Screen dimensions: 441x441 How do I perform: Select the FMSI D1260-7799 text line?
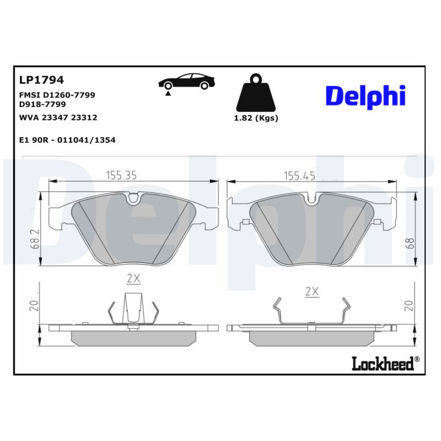[57, 95]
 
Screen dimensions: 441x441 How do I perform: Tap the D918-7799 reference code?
[42, 104]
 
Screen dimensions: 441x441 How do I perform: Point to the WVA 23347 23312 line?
[58, 117]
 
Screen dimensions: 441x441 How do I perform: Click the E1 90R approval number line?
[67, 140]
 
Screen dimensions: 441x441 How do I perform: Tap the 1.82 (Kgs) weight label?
[256, 118]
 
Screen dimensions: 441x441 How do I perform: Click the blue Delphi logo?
[365, 96]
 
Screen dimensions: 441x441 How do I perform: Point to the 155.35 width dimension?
[121, 175]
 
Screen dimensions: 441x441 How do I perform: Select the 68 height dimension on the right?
[409, 243]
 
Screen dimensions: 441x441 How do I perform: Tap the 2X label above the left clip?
[133, 279]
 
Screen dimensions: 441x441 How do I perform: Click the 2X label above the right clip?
[312, 292]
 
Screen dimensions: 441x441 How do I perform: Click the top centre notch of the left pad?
[133, 198]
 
